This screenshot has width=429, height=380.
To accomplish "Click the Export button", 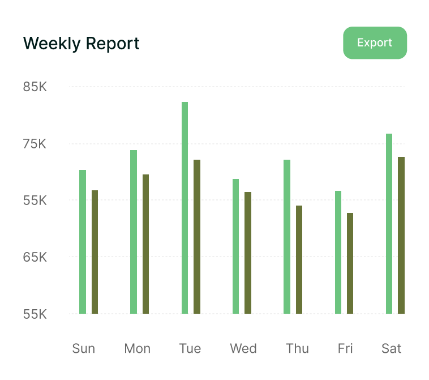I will click(x=375, y=43).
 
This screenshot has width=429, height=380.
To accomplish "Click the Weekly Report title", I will click(x=81, y=44).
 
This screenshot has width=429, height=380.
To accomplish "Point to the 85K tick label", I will click(x=35, y=87).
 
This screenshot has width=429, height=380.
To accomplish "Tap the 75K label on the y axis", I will click(x=35, y=144).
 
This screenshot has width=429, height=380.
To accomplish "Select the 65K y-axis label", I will click(x=35, y=257).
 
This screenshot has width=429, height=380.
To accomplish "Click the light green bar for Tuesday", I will click(x=185, y=208).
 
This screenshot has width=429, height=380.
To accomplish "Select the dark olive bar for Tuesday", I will click(x=197, y=237).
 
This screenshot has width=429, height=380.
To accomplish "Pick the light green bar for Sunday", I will click(x=83, y=242).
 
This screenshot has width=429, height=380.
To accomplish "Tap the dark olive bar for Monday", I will click(x=146, y=244).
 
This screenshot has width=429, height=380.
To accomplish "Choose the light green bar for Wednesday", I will click(x=236, y=246).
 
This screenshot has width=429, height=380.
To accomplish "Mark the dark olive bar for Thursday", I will click(x=299, y=259).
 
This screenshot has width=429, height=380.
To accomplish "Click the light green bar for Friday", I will click(x=338, y=252).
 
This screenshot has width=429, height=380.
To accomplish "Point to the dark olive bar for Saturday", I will click(x=401, y=235).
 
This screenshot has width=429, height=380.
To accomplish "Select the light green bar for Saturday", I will click(x=389, y=224).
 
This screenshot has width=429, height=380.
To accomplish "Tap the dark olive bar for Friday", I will click(x=350, y=263).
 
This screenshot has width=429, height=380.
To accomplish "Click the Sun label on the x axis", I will click(x=84, y=348).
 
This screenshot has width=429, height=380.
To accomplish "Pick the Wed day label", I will click(x=243, y=348).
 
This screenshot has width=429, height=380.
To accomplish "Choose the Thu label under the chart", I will click(x=297, y=348).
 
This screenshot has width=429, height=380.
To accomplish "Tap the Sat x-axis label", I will click(x=391, y=348).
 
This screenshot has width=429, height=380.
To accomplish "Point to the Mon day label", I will click(x=137, y=348).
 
